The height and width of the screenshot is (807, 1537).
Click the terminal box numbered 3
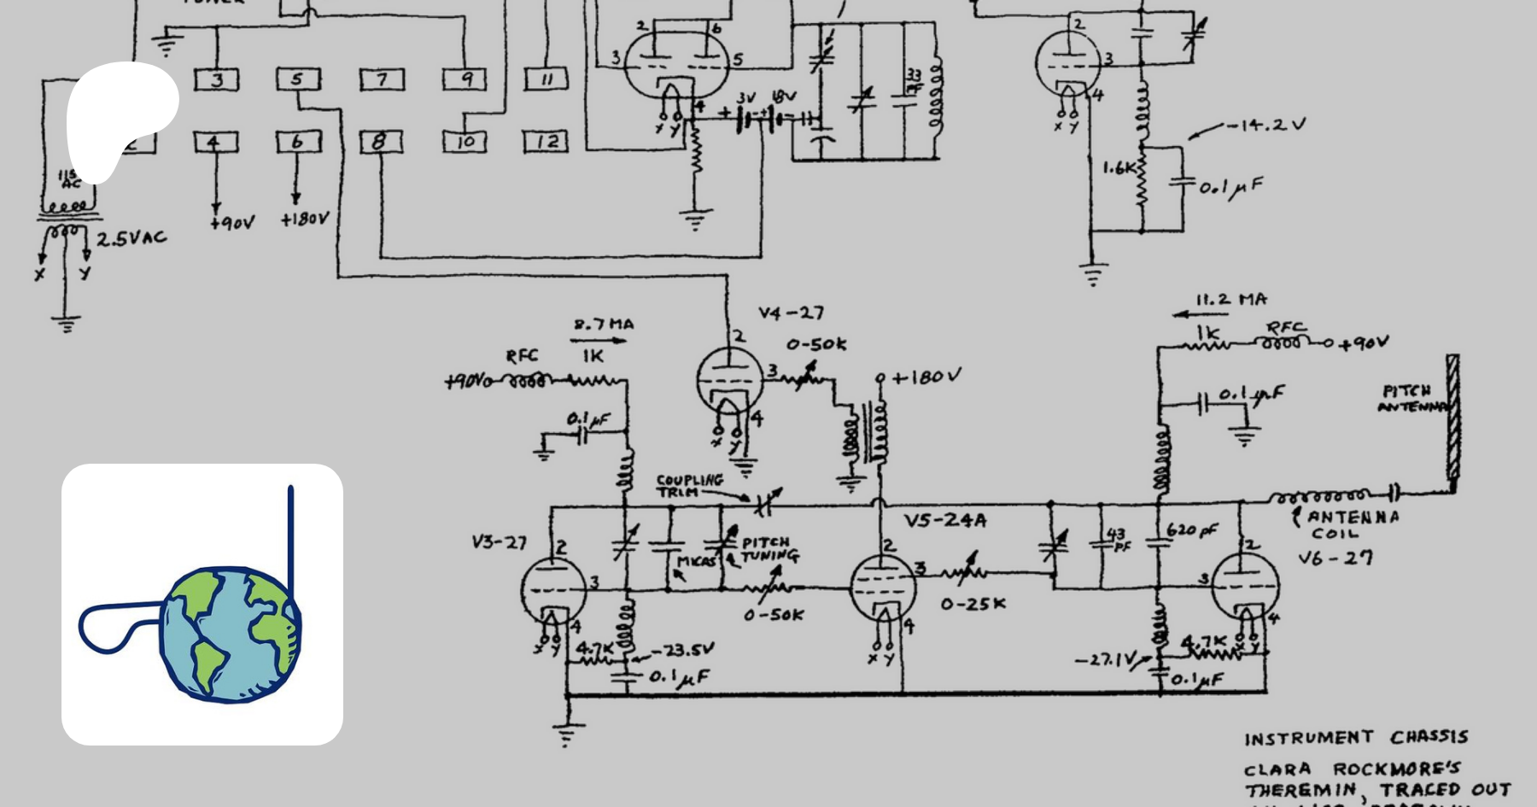point(217,80)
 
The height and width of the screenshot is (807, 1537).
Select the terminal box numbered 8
point(380,142)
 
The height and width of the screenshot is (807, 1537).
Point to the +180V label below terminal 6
point(304,219)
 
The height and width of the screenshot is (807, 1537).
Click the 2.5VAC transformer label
point(131,238)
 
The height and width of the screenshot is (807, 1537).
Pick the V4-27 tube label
point(791,313)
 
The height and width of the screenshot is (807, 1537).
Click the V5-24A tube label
point(944,521)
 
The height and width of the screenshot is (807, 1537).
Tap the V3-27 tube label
point(499,542)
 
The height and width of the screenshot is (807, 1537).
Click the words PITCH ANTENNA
point(1411,399)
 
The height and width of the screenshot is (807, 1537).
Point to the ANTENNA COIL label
point(1353,524)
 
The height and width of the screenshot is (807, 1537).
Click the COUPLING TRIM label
point(688,485)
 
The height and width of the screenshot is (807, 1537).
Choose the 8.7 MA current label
point(603,325)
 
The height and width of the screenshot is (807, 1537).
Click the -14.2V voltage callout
point(1266,125)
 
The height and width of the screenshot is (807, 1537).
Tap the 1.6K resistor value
point(1119,168)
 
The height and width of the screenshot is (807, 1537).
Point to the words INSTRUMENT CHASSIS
point(1355,738)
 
